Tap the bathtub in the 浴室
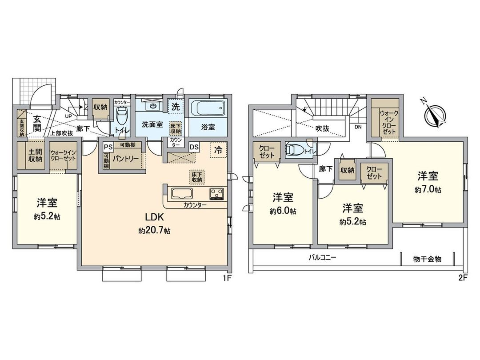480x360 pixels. (x=208, y=109)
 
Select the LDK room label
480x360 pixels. (x=155, y=217)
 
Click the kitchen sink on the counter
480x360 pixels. (x=183, y=194)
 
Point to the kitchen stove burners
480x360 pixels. (x=216, y=194)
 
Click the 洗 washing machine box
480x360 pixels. (x=176, y=107)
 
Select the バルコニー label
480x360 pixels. (x=323, y=258)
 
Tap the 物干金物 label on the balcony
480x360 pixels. (x=427, y=259)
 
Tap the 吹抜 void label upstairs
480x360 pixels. (x=322, y=128)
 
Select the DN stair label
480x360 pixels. (x=358, y=126)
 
